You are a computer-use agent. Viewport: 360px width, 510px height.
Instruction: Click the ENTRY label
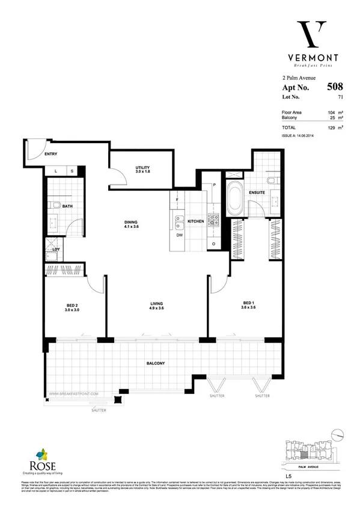(x=50, y=155)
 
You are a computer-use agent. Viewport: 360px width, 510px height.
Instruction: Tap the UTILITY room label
(x=142, y=167)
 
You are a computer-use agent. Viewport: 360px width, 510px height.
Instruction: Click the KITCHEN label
(x=196, y=222)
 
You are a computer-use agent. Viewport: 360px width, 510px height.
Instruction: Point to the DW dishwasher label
(x=179, y=235)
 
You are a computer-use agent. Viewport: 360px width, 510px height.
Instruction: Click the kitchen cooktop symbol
(x=213, y=220)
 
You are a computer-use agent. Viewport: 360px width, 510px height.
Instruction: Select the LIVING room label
(x=157, y=304)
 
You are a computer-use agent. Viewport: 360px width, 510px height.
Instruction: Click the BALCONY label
(x=155, y=363)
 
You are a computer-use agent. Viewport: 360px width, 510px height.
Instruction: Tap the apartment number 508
(x=335, y=87)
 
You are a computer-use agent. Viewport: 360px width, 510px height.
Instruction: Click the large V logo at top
(x=313, y=34)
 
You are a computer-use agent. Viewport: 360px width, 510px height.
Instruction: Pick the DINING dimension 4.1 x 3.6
(x=132, y=227)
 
